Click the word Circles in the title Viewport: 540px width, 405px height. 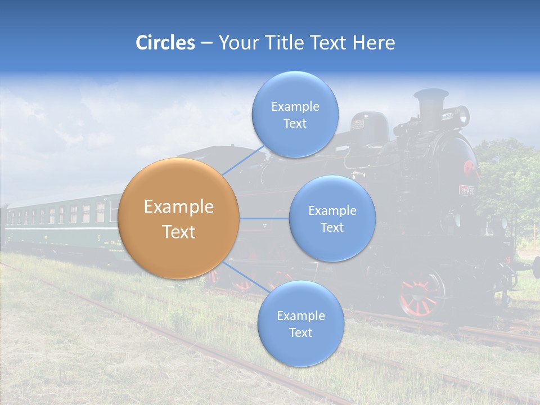[x=165, y=43]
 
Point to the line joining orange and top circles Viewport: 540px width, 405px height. [x=243, y=160]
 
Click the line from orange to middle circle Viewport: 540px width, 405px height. [x=264, y=218]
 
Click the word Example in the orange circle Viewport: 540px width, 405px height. [x=179, y=207]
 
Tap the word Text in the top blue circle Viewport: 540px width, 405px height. [x=295, y=124]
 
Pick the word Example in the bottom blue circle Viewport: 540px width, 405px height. [x=300, y=316]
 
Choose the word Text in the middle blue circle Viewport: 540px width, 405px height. [x=332, y=228]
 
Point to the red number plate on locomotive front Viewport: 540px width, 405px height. [x=467, y=190]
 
